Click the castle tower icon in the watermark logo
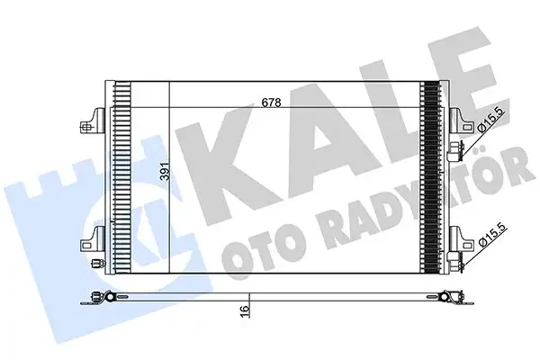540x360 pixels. coord(85,216)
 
